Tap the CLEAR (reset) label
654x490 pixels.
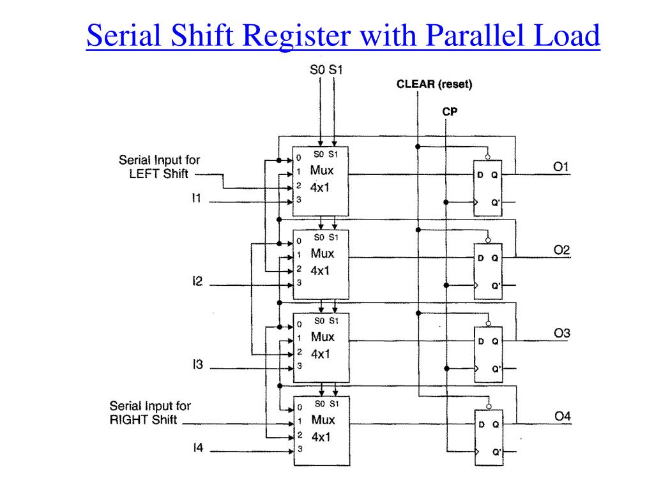point(434,84)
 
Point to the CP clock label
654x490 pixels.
point(450,112)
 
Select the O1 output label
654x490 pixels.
point(561,167)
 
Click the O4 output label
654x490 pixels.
point(563,416)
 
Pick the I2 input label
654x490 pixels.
point(197,281)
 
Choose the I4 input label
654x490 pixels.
point(198,447)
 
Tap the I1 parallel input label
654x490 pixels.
point(197,198)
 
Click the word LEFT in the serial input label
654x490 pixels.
point(142,174)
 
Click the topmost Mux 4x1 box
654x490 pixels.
point(321,181)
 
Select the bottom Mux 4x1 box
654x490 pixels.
point(322,431)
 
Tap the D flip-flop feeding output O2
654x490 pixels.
point(488,271)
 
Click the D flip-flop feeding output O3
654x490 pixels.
point(489,355)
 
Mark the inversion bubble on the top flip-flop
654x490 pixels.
point(487,157)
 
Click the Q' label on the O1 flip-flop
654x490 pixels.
point(495,202)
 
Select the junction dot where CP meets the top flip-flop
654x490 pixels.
point(446,202)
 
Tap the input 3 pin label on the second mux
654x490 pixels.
point(299,283)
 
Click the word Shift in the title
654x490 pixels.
point(202,35)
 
